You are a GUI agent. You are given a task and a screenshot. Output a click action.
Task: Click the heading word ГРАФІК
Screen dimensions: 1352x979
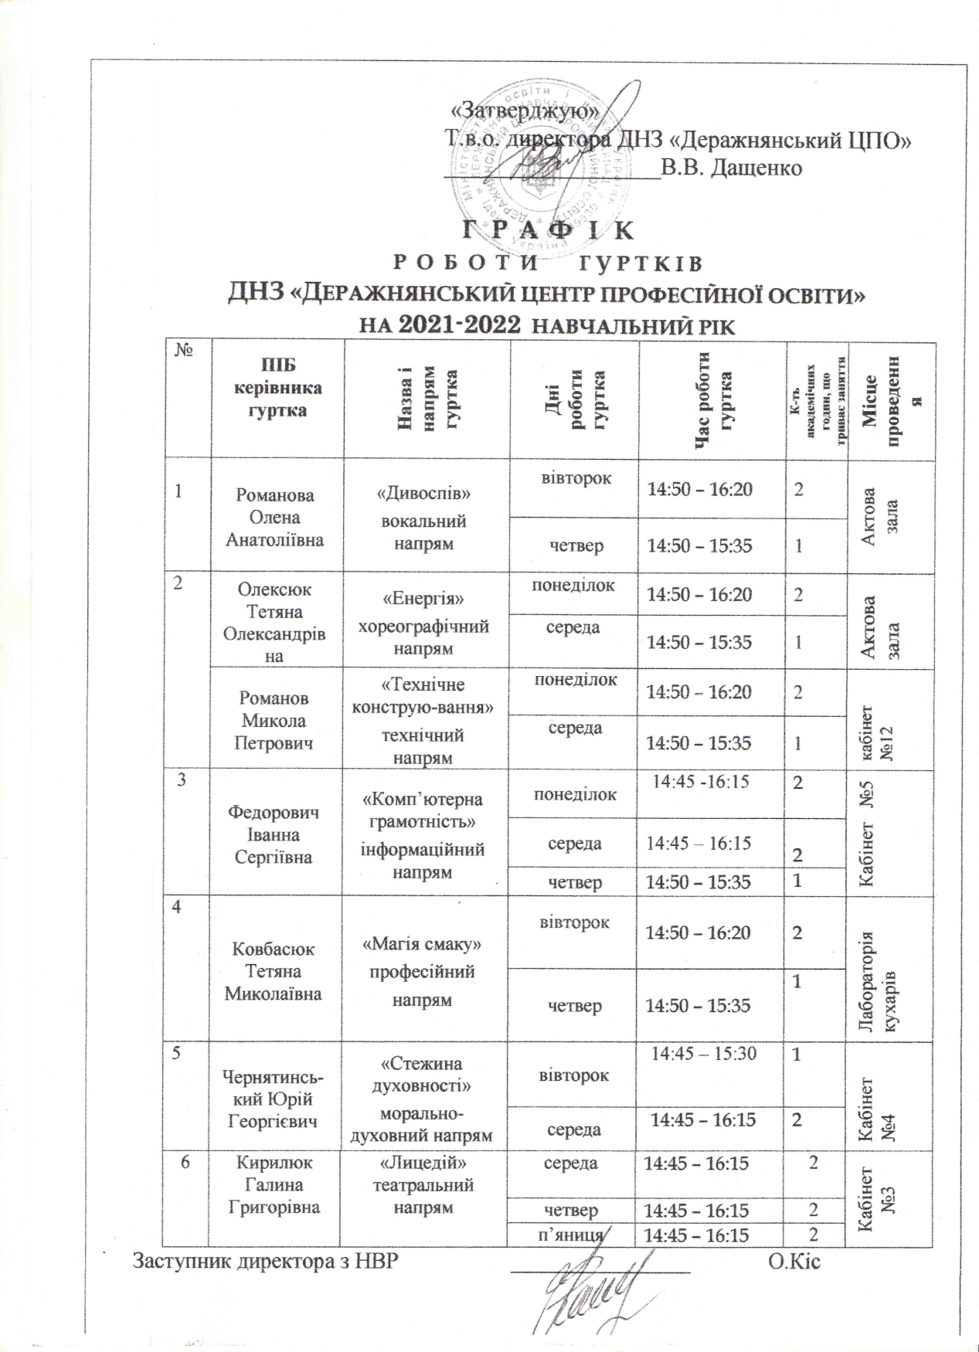(x=549, y=230)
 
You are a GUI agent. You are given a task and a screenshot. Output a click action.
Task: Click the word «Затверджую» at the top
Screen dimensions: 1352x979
(x=525, y=110)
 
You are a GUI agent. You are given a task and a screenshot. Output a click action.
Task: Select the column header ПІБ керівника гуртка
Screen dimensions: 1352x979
(x=277, y=388)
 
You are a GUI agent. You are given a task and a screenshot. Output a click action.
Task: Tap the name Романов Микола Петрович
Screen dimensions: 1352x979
(x=274, y=720)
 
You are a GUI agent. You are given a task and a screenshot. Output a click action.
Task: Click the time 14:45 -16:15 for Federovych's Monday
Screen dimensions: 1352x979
(x=701, y=781)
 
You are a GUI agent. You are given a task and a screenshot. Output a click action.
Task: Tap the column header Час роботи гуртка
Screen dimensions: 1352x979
(x=712, y=399)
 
